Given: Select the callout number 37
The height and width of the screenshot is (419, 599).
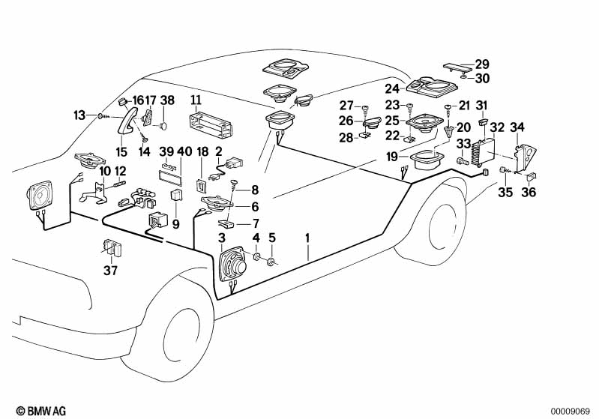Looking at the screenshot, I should click(110, 271).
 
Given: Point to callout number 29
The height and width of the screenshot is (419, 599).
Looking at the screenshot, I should click(481, 64).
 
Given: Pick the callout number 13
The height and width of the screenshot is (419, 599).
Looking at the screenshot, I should click(79, 115).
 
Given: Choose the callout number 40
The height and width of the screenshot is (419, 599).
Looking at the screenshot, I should click(184, 151).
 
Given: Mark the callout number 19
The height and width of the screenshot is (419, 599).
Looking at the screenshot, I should click(392, 157).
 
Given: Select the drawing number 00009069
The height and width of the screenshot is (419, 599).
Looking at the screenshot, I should click(574, 410).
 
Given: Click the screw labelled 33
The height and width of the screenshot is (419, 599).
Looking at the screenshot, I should click(460, 159).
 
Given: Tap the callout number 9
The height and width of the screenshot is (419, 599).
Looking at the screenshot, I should click(176, 223).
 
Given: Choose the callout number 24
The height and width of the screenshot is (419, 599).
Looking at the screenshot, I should click(393, 88).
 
